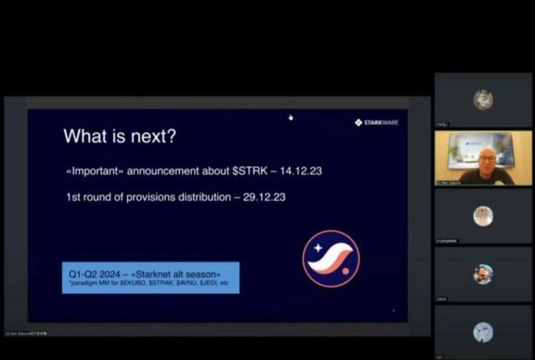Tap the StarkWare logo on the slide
click(376, 122)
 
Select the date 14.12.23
click(301, 171)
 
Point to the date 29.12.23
click(265, 197)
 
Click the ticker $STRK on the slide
click(250, 171)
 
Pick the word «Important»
click(95, 171)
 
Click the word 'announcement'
click(164, 171)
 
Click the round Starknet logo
click(331, 258)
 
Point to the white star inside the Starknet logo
click(318, 247)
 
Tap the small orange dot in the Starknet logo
click(345, 271)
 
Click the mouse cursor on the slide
click(291, 117)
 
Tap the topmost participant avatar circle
click(482, 100)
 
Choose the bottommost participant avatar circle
click(482, 332)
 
